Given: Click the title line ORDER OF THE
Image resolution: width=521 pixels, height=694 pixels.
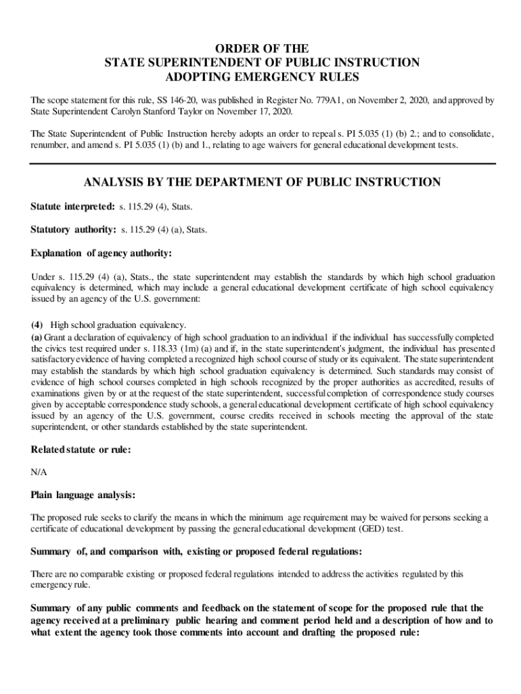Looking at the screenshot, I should [262, 49].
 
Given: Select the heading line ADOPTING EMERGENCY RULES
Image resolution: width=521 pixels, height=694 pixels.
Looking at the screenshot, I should [262, 77].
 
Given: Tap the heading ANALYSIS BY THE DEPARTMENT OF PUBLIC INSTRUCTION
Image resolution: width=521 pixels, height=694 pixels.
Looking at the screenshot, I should [262, 182].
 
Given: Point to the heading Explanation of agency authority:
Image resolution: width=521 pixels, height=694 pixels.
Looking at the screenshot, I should [101, 253].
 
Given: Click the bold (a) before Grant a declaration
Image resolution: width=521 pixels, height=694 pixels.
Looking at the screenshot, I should [37, 338].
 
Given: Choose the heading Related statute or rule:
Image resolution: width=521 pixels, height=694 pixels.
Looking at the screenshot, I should [81, 450].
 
